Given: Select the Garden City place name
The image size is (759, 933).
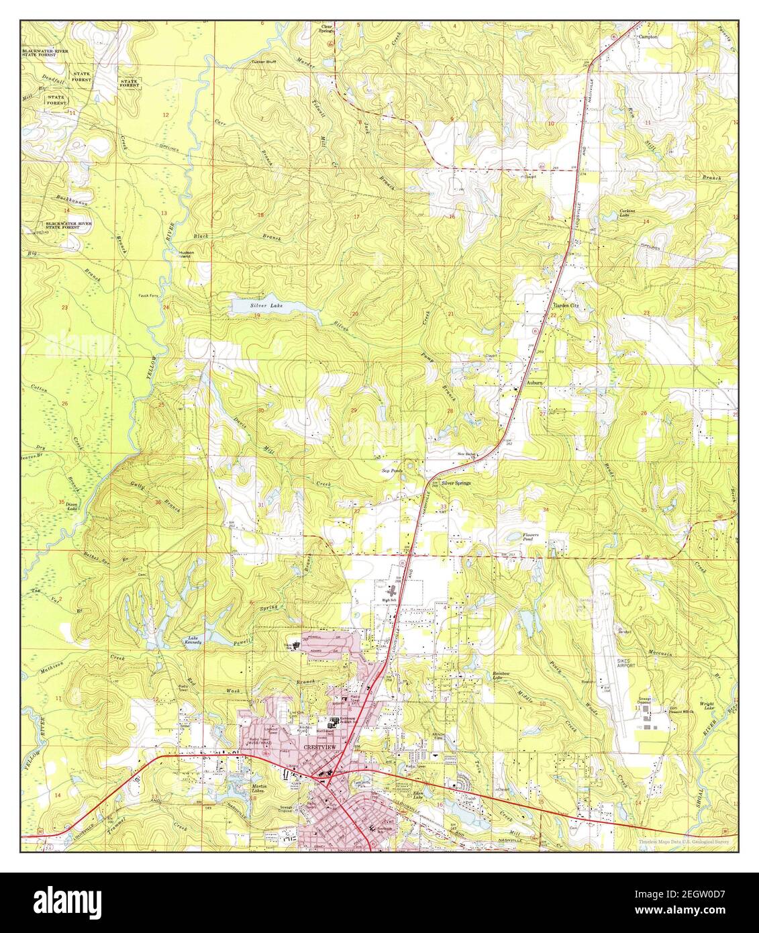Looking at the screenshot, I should pos(565,305).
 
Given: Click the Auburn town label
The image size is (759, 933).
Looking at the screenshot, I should pos(534,382).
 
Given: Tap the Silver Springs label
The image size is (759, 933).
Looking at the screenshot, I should pos(456,483).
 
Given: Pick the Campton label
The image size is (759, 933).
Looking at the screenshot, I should pos(648,37).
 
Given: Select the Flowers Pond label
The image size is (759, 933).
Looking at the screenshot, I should pos(532,536).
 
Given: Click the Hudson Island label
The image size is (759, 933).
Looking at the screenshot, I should pos(188,254).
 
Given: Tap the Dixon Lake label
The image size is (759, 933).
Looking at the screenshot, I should pos(72,508).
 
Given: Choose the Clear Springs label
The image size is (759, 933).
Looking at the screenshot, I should pos(326,28).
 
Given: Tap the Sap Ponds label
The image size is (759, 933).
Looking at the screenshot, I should pos(391,471).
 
